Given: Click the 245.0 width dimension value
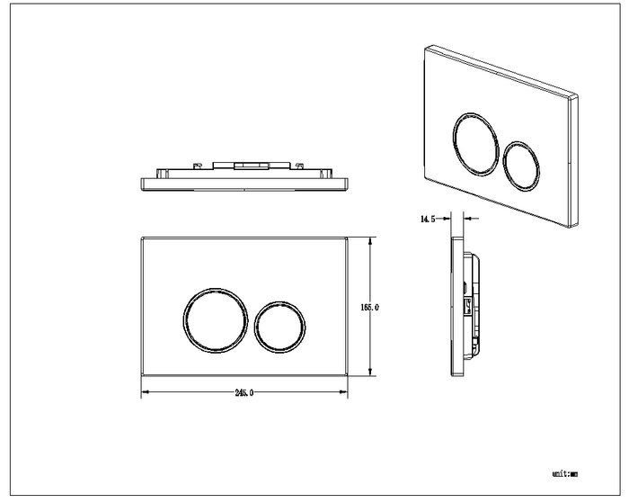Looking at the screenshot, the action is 244,392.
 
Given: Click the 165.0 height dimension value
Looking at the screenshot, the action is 369,308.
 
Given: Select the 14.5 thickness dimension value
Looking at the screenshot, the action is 428,219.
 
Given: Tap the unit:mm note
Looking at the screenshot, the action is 565,474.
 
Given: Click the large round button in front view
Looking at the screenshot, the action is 184,320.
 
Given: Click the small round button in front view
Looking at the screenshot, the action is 255,327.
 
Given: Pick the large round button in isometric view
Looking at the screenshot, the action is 453,144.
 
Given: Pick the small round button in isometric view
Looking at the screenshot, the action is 503,166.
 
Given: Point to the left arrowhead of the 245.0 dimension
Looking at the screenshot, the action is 146,392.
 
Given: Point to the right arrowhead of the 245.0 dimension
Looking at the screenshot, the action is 343,392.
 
